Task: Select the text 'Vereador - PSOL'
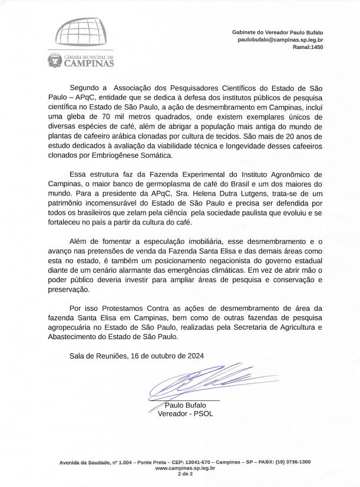click(185, 413)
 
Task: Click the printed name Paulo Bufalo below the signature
click(185, 405)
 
